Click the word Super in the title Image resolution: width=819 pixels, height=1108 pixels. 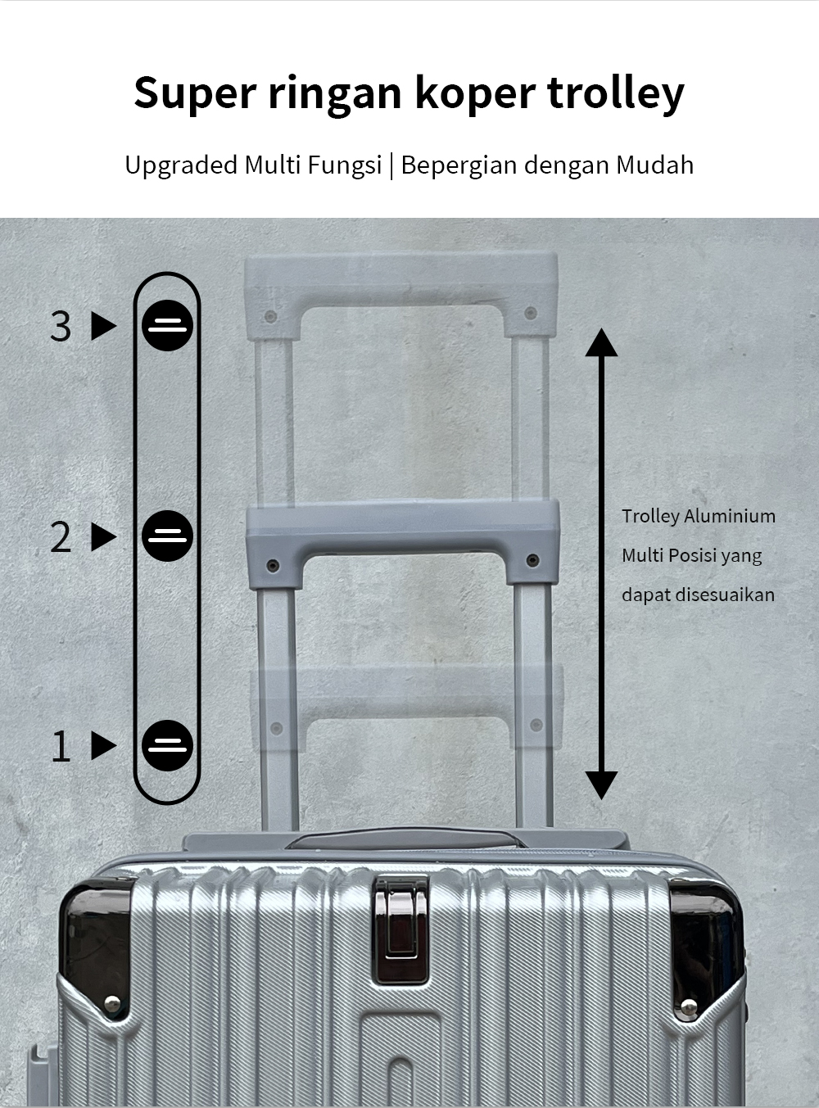tap(195, 93)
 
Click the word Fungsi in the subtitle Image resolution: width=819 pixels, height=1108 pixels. tap(345, 165)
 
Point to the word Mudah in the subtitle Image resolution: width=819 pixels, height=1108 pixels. tap(654, 165)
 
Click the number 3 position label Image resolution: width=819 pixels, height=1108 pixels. tap(61, 326)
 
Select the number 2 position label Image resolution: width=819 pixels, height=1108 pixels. tap(61, 537)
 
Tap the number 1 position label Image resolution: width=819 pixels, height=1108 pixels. tap(61, 746)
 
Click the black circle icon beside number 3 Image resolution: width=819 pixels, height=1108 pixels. tap(167, 326)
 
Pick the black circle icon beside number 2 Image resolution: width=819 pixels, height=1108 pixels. tap(167, 536)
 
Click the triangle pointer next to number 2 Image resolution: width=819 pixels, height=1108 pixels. tap(103, 537)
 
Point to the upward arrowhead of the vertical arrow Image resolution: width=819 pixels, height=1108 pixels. tap(601, 341)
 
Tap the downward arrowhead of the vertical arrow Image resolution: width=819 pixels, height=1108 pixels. tap(601, 785)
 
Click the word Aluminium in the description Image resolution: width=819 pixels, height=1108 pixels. tap(729, 516)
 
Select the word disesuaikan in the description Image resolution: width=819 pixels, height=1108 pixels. tap(724, 595)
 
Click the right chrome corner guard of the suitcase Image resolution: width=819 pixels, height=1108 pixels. tap(707, 946)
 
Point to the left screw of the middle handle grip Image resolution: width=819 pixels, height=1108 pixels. tap(273, 564)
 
